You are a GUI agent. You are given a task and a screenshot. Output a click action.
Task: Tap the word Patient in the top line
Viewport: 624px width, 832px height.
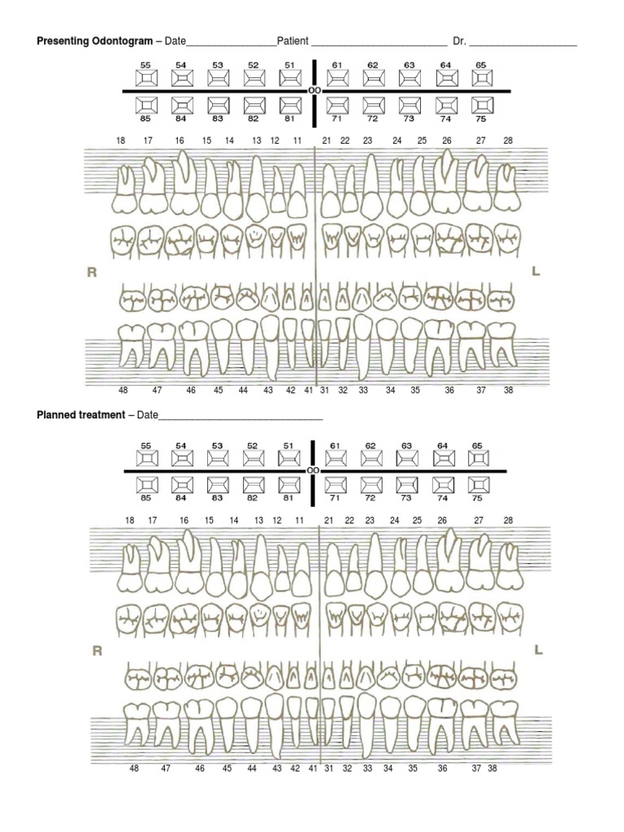pyautogui.click(x=292, y=41)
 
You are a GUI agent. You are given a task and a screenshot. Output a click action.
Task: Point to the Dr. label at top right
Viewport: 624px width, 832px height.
pyautogui.click(x=460, y=41)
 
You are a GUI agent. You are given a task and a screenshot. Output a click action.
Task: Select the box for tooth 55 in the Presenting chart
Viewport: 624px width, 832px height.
pyautogui.click(x=146, y=78)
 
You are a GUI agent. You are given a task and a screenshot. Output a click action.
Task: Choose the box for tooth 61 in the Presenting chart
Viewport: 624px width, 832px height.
pyautogui.click(x=337, y=78)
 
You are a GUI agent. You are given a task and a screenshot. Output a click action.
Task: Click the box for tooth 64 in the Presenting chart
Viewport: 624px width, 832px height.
pyautogui.click(x=446, y=78)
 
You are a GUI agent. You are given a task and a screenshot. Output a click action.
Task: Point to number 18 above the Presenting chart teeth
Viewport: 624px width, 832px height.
pyautogui.click(x=120, y=141)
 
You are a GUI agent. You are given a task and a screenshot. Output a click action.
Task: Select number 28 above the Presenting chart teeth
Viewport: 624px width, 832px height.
pyautogui.click(x=509, y=141)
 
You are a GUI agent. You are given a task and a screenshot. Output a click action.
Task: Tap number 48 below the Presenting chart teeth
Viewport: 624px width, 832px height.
pyautogui.click(x=123, y=391)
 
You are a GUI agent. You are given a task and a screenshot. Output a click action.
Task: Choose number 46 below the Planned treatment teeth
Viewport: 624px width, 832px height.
pyautogui.click(x=200, y=768)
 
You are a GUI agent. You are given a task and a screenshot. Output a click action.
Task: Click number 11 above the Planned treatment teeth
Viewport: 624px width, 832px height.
pyautogui.click(x=299, y=520)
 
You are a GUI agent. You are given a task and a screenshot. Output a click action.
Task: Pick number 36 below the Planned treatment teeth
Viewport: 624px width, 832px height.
pyautogui.click(x=443, y=768)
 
